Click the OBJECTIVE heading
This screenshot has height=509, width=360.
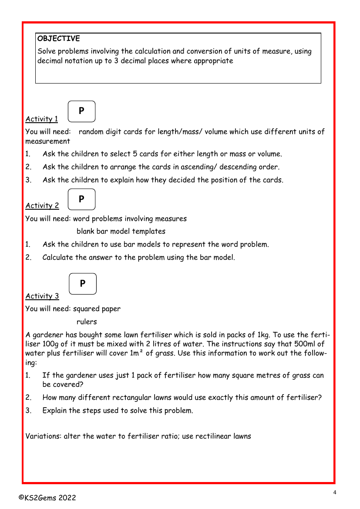(x=59, y=39)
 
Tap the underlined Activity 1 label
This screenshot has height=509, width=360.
(x=42, y=119)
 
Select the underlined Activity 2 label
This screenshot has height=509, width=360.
(x=42, y=206)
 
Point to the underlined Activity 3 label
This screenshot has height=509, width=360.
(x=42, y=296)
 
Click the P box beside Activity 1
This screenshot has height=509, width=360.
(x=81, y=111)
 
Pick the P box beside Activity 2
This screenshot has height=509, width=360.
(x=81, y=199)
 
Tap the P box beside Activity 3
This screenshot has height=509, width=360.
(x=82, y=284)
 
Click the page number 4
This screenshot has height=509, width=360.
(x=335, y=492)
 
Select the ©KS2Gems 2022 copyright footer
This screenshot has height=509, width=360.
(x=47, y=498)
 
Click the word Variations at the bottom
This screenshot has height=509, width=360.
(x=43, y=436)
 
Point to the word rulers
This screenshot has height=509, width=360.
(x=87, y=322)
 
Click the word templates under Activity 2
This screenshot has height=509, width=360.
(x=148, y=231)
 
